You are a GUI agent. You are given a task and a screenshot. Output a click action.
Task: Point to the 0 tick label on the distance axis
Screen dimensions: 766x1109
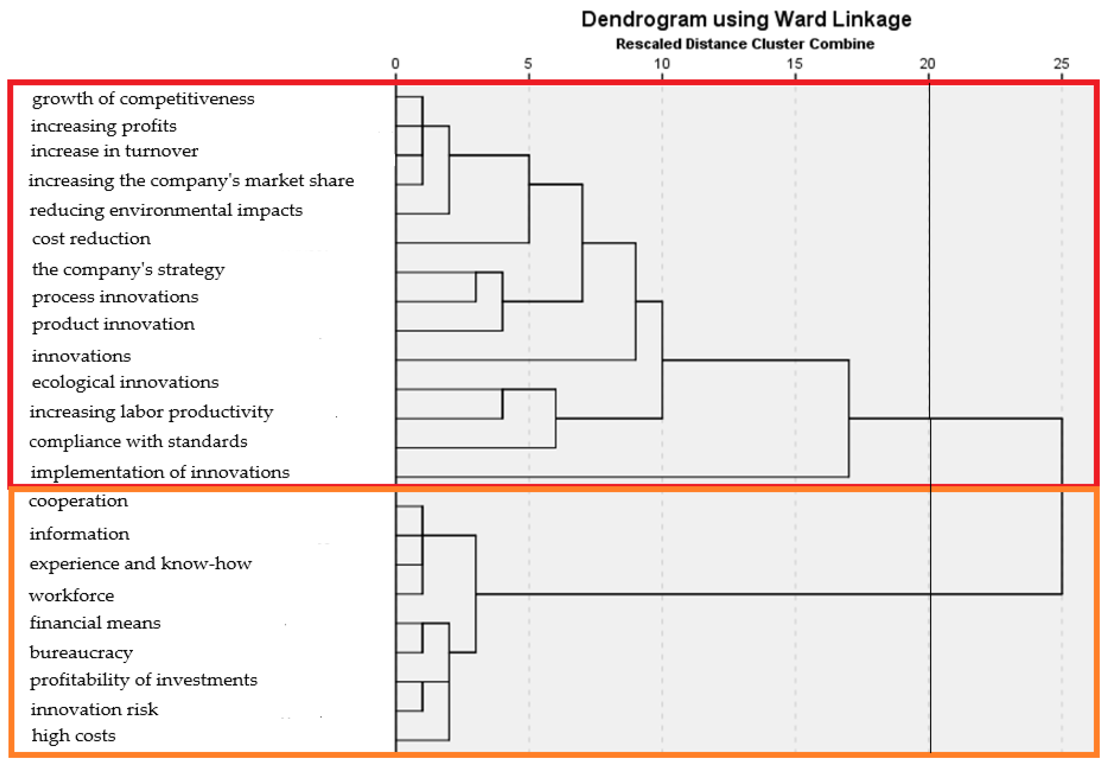(395, 64)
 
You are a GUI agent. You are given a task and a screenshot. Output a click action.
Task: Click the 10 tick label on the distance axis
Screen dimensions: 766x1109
(662, 64)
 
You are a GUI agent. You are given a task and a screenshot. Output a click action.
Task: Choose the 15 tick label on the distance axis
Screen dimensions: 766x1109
(794, 64)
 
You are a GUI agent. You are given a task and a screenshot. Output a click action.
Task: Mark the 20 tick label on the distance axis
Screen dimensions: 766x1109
(927, 64)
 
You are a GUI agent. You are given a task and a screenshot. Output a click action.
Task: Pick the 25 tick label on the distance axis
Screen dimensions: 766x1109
(1061, 64)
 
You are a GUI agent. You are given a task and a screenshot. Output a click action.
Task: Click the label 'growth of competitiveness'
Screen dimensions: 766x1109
(143, 99)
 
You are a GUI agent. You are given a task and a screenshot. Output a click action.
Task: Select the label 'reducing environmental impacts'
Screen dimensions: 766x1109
(166, 210)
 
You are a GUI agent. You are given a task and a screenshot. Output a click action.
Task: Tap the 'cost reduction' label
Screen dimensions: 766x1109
(91, 239)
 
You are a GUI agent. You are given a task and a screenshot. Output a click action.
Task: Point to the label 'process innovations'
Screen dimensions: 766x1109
(115, 297)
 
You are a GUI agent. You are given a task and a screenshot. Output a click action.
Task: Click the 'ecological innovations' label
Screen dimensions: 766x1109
(125, 382)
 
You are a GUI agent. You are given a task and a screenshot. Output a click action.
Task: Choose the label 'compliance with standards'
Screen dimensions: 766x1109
(138, 441)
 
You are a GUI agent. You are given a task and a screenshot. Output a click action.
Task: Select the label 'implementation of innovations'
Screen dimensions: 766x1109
(160, 472)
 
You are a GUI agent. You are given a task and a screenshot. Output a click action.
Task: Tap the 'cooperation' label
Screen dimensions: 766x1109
(78, 501)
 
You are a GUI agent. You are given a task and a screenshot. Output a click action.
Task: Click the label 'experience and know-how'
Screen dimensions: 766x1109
(140, 564)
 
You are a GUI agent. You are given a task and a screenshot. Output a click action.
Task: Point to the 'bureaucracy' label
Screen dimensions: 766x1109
(81, 653)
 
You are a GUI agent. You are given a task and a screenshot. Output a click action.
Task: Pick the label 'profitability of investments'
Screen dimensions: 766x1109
(144, 680)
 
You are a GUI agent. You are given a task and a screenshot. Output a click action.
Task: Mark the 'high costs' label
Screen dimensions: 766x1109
(74, 736)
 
